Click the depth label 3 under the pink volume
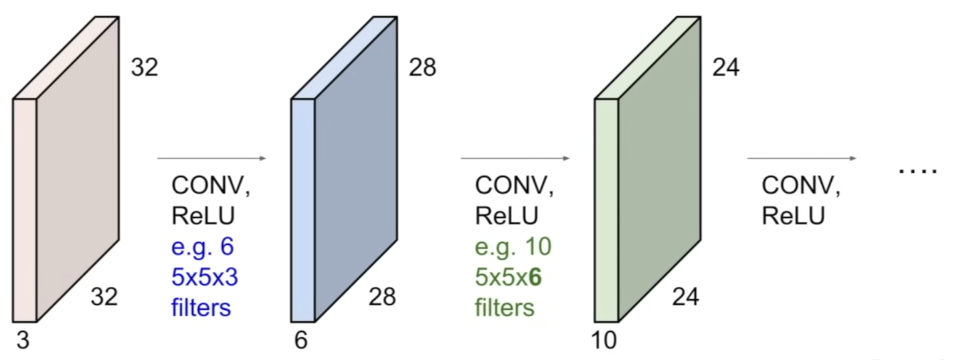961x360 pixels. coord(23,341)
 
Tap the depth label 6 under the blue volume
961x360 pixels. coord(301,341)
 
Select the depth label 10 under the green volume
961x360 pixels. coord(604,341)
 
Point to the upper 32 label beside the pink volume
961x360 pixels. coord(145,68)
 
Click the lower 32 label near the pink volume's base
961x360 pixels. coord(104,296)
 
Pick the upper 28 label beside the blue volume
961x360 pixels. coord(422,68)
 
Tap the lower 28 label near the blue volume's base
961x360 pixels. coord(382,296)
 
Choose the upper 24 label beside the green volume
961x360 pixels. coord(726,68)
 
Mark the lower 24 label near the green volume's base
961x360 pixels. coord(685,296)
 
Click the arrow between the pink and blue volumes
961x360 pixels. coord(211,159)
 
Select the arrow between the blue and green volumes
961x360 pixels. coord(515,159)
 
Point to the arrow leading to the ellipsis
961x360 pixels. coord(802,159)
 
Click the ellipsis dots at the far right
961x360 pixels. coord(918,171)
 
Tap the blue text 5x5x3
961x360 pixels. coord(205,277)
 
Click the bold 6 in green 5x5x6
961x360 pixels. coord(535,277)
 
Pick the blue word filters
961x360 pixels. coord(201,307)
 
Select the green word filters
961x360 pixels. coord(505,307)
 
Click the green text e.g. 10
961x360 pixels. coord(513,247)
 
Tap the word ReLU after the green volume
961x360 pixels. coord(793,215)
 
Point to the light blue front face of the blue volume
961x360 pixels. coord(303,210)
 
